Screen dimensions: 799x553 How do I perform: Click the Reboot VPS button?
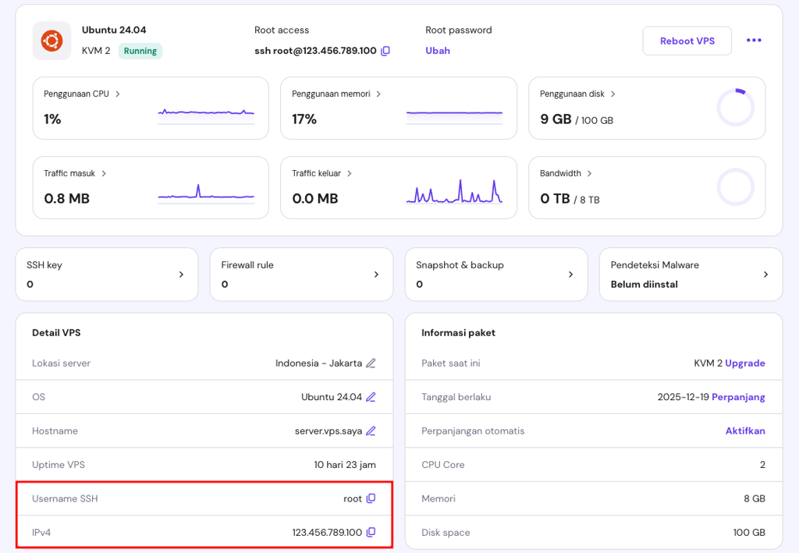[687, 41]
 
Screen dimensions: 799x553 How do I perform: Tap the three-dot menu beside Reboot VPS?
[754, 41]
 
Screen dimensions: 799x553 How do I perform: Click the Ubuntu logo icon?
[52, 41]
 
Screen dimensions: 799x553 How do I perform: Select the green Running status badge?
[140, 51]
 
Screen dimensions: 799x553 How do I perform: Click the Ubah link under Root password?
[438, 51]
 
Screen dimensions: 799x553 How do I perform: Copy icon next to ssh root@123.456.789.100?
[385, 51]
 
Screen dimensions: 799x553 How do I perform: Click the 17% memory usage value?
[304, 119]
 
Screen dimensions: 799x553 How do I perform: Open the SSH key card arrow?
[181, 275]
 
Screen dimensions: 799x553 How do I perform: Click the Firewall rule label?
[247, 264]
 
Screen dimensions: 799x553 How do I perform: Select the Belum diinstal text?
[644, 284]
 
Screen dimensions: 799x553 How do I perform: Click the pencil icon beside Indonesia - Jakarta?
[371, 363]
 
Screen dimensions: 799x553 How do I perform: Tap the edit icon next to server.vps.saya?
[371, 431]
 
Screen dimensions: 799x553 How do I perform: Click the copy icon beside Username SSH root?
[371, 498]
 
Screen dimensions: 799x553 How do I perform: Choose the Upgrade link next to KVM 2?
[745, 363]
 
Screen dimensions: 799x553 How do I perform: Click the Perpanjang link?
[738, 397]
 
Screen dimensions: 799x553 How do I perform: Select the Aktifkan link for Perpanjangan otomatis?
[745, 431]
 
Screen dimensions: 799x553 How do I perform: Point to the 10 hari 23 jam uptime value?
[345, 465]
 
